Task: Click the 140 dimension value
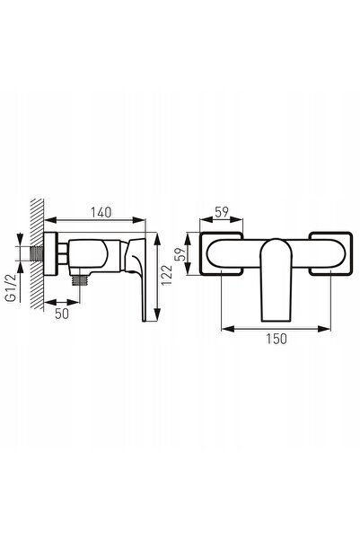tap(101, 212)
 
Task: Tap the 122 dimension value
tap(167, 275)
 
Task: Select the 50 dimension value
tap(62, 314)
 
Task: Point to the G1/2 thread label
tap(12, 288)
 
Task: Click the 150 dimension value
tap(276, 339)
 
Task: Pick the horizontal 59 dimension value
tap(222, 212)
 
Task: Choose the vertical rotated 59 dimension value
tap(180, 254)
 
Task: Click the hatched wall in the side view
tap(37, 253)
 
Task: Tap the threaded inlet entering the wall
tap(37, 253)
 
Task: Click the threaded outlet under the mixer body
tap(80, 280)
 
